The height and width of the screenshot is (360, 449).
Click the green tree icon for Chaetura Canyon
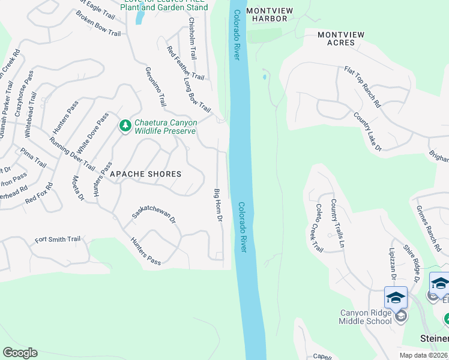tap(125, 126)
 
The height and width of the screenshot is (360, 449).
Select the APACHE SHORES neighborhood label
tap(145, 174)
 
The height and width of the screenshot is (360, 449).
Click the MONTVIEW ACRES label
tap(340, 38)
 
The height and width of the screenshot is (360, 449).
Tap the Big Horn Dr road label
tap(218, 206)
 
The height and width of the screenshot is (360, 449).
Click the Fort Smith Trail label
tap(58, 239)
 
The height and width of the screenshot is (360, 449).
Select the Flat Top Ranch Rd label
tap(363, 87)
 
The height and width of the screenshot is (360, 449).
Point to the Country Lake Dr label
tap(367, 132)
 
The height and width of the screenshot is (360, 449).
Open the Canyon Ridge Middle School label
tap(366, 317)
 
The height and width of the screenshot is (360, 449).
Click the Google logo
tap(20, 353)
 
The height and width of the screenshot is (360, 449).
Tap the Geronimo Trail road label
tap(154, 86)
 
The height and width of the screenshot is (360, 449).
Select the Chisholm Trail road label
tap(192, 38)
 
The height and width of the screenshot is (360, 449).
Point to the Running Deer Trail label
tap(72, 154)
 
